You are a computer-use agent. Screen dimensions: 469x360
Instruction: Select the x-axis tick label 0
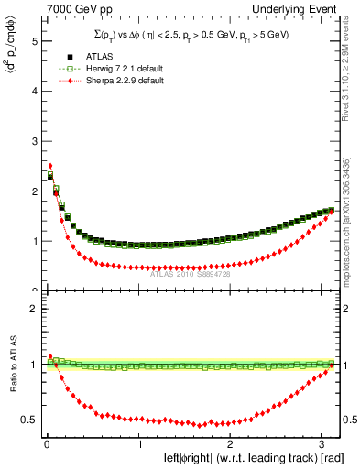tap(47, 444)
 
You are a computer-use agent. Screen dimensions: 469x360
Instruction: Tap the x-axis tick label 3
tap(322, 444)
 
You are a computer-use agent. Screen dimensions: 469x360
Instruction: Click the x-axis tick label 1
tap(138, 444)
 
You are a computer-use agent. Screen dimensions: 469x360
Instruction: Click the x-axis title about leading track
tap(240, 458)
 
